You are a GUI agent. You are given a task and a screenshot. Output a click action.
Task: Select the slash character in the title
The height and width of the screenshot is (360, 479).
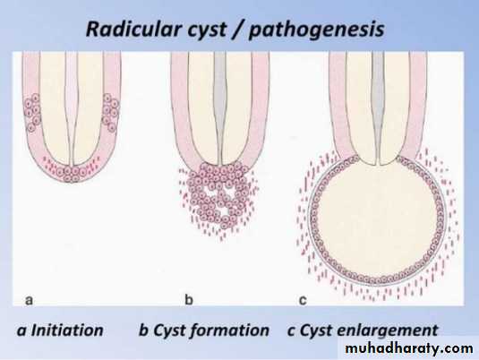pos(238,30)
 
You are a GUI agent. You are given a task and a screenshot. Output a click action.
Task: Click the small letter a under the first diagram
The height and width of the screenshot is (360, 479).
pos(29,300)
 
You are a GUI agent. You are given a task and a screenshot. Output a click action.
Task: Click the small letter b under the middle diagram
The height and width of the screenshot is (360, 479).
pos(189,299)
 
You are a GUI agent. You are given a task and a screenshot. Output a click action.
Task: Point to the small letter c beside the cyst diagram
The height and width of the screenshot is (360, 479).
pos(303,300)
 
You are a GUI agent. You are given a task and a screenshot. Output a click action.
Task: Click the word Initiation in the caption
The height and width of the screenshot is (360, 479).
pos(67,330)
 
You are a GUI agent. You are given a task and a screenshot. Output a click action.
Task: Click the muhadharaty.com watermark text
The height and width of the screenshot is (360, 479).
pos(409,348)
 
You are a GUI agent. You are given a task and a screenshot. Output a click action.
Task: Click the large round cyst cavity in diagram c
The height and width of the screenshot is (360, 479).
pos(378,221)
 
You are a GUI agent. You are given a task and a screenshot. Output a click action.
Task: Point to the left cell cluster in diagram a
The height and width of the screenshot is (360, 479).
pos(32,113)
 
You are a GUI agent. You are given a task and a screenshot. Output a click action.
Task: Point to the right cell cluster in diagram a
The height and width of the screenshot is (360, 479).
pos(111,113)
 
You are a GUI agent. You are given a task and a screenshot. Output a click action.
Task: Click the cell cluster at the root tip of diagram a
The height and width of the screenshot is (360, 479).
pos(72,174)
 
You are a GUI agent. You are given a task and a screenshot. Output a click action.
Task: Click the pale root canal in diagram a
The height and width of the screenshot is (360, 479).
pos(72,106)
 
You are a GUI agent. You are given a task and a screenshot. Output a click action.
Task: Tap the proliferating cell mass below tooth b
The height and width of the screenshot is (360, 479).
pos(218,195)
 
